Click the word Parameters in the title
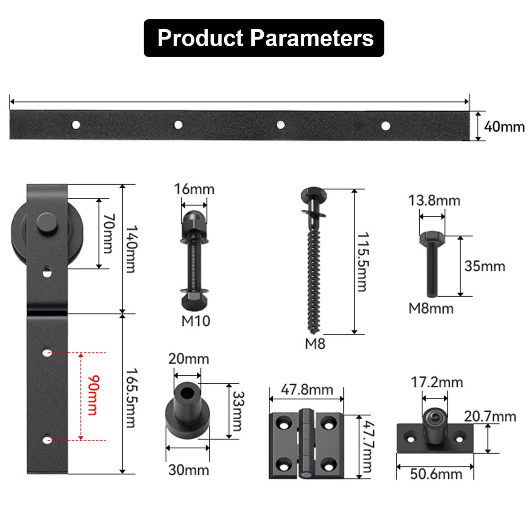click(x=312, y=38)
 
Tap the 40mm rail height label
click(x=504, y=127)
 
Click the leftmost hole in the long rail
click(x=76, y=125)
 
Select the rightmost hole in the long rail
click(x=386, y=126)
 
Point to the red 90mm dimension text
click(x=93, y=395)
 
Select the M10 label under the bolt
click(x=196, y=321)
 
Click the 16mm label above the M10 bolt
click(x=194, y=189)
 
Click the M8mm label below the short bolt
click(x=431, y=309)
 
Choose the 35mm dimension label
click(x=484, y=266)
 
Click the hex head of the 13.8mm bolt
click(x=432, y=237)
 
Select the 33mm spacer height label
click(x=238, y=411)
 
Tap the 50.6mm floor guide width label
click(x=436, y=474)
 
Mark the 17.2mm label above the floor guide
click(x=437, y=382)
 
